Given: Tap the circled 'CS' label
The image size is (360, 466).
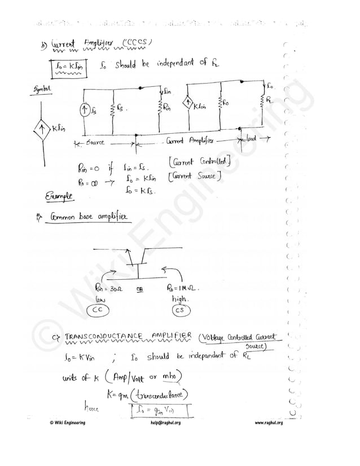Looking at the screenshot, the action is point(180,310).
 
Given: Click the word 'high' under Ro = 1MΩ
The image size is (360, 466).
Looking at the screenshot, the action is point(179,298).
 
